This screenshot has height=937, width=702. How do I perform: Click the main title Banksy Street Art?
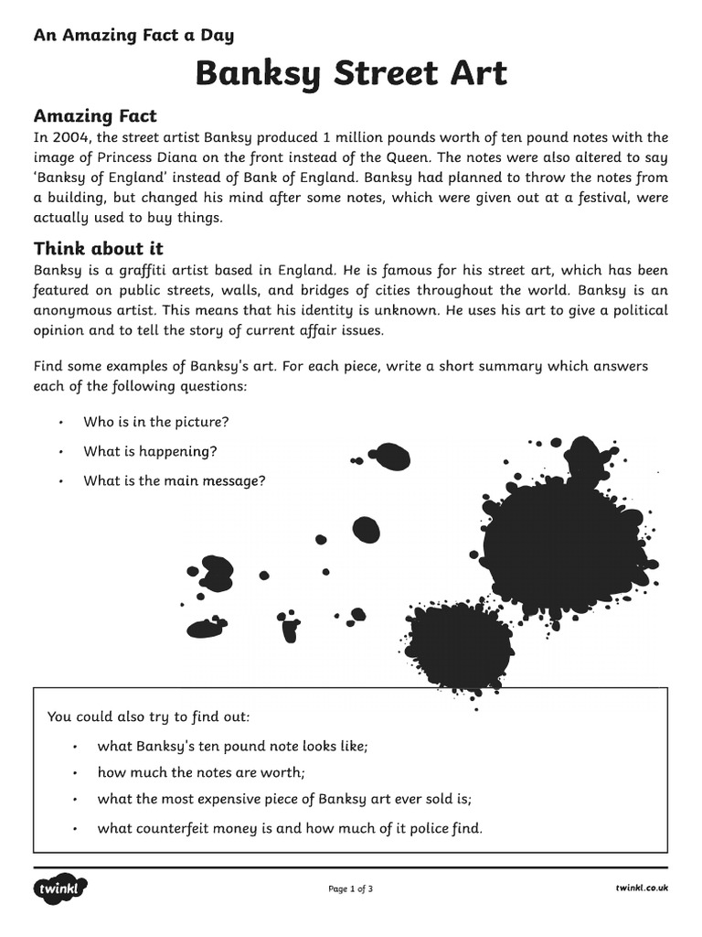(x=351, y=73)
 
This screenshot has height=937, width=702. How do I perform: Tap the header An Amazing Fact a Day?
(x=133, y=36)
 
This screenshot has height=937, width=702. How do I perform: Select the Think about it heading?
(x=99, y=249)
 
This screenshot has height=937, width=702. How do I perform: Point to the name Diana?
(x=175, y=158)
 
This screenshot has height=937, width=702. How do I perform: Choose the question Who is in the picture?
(x=156, y=422)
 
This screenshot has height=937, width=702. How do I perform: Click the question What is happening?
(x=150, y=451)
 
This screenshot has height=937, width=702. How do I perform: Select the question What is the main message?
(x=175, y=480)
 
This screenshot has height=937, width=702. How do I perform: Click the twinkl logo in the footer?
(x=60, y=889)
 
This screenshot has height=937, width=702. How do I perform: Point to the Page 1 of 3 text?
(x=350, y=889)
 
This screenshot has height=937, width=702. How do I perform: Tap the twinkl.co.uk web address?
(x=642, y=889)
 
